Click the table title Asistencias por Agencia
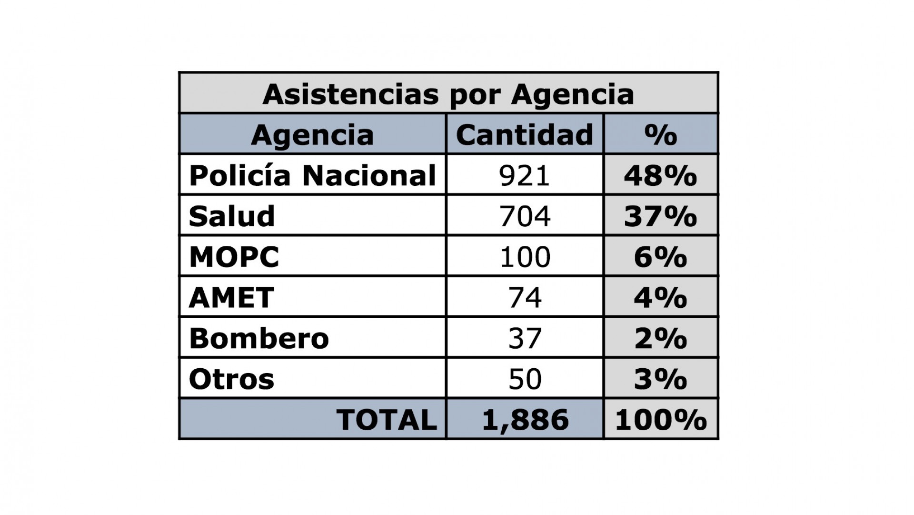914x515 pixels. click(x=448, y=94)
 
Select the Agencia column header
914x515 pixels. click(x=312, y=135)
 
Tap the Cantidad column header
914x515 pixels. click(x=525, y=135)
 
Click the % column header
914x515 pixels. click(x=661, y=135)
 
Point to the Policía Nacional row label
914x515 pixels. click(x=312, y=175)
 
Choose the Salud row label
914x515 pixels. click(x=232, y=216)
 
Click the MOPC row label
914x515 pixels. click(x=234, y=257)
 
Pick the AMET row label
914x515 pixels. click(x=231, y=298)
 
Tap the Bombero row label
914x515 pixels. click(x=259, y=338)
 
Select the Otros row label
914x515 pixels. click(x=232, y=379)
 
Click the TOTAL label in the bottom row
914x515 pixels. click(x=387, y=420)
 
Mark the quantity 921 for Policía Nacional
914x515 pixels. click(x=525, y=175)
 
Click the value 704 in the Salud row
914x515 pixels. click(x=525, y=216)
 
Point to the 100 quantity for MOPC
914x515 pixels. click(x=525, y=257)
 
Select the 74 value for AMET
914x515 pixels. click(x=525, y=298)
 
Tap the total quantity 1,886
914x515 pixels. click(x=525, y=420)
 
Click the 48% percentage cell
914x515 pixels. click(x=661, y=175)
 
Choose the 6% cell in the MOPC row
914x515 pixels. click(x=661, y=257)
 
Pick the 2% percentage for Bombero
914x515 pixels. click(x=661, y=338)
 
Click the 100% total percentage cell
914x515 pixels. click(x=661, y=420)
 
